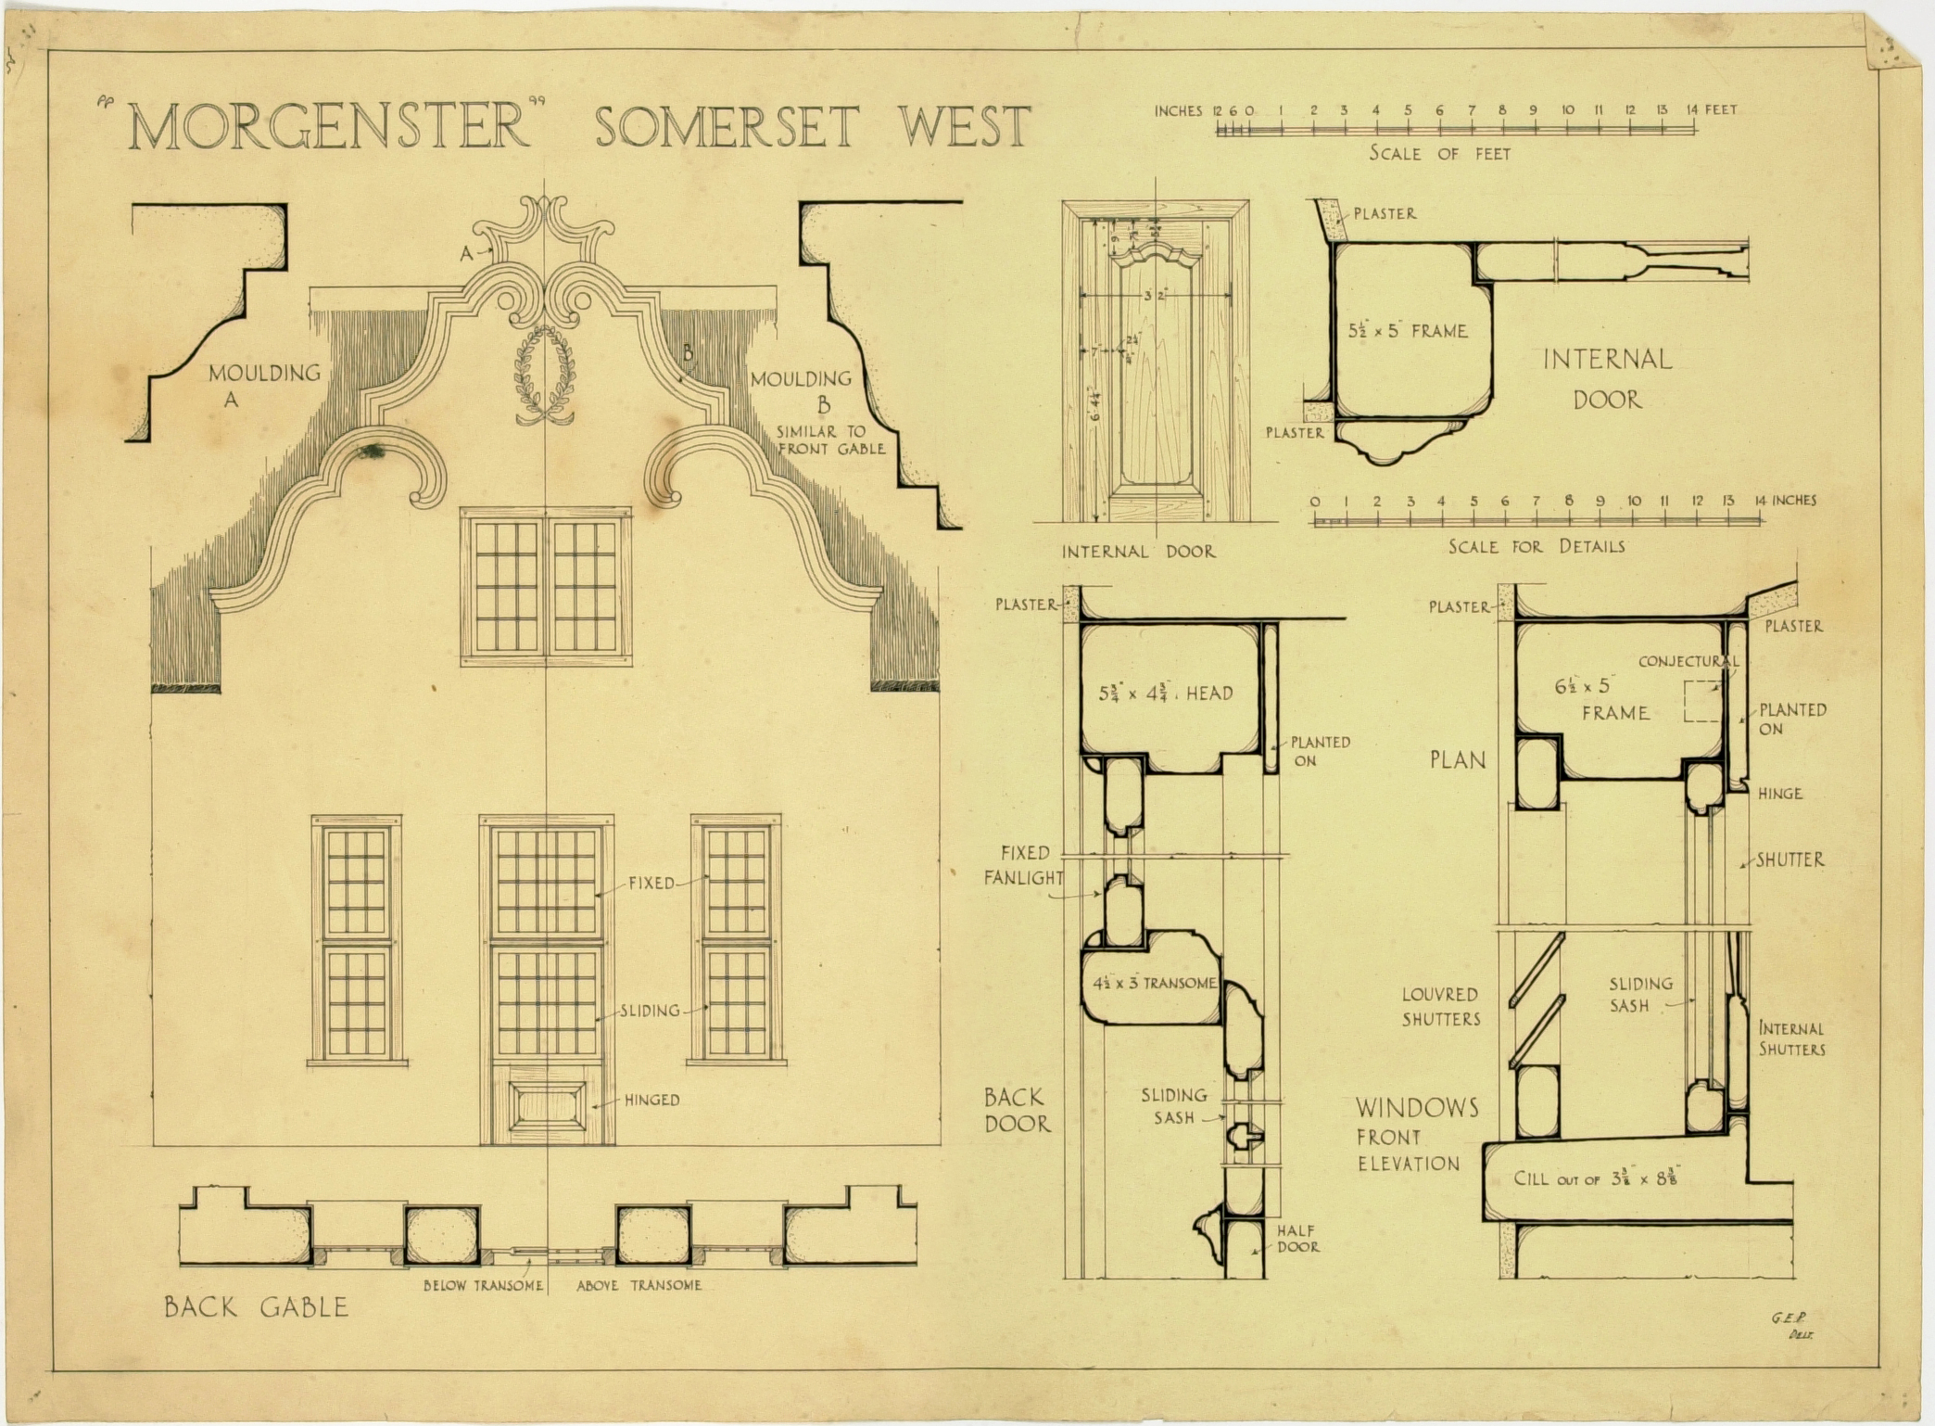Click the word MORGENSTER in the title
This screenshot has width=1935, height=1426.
click(x=329, y=128)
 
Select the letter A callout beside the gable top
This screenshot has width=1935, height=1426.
click(x=466, y=252)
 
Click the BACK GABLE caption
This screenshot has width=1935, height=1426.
click(x=256, y=1307)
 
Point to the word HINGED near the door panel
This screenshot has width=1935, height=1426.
click(x=651, y=1101)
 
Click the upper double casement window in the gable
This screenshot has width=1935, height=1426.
click(x=546, y=586)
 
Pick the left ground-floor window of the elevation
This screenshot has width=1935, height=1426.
click(x=357, y=940)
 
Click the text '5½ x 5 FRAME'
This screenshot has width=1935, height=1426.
click(x=1408, y=331)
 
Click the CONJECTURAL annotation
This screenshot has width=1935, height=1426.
click(x=1688, y=662)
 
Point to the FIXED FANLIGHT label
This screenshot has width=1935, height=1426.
click(x=1023, y=865)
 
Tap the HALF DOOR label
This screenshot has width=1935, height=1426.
click(x=1297, y=1239)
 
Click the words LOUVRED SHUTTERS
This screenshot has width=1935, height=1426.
click(x=1440, y=1007)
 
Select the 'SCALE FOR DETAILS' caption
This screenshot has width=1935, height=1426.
click(x=1537, y=547)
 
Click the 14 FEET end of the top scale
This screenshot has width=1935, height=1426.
click(x=1711, y=110)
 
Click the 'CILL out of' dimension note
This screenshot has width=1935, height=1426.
click(x=1596, y=1179)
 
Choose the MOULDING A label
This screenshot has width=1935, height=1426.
click(x=263, y=385)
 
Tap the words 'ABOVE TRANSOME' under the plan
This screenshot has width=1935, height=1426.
click(x=639, y=1286)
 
